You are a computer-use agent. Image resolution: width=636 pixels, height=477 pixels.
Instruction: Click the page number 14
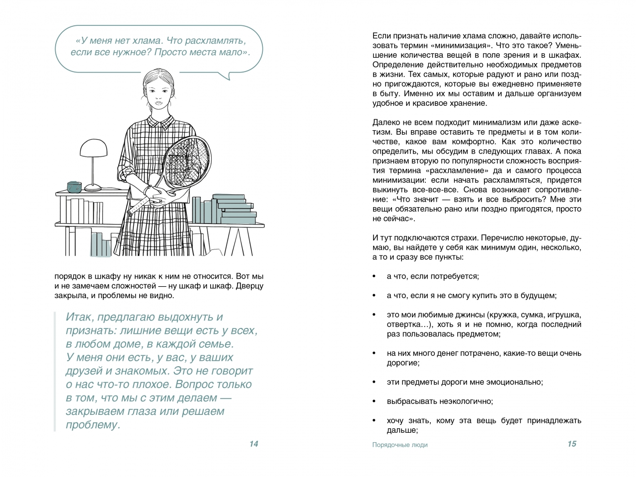(253, 444)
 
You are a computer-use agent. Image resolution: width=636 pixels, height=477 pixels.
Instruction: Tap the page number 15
(571, 444)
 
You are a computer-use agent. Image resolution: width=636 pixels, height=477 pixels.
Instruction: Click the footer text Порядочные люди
(399, 445)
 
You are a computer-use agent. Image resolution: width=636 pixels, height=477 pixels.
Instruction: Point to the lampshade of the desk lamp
(94, 147)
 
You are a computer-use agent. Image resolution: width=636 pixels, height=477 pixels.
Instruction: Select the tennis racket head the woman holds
(188, 159)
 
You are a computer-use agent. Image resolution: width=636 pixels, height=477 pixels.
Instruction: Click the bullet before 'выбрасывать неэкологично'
(374, 401)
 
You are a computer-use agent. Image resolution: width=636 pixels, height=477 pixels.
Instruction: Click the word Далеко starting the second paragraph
(386, 122)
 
